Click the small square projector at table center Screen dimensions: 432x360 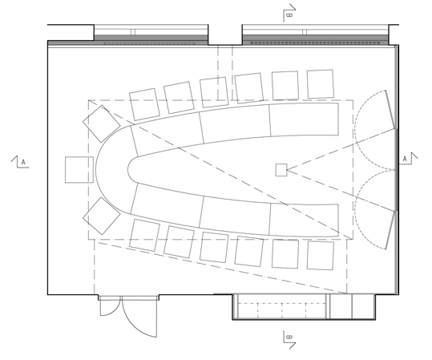click(281, 170)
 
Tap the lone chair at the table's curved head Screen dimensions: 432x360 click(79, 170)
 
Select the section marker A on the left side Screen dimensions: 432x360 click(20, 161)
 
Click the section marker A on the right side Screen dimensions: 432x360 click(408, 159)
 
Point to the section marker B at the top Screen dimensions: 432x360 click(289, 13)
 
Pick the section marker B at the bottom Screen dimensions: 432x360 click(289, 340)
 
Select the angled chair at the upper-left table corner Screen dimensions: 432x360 click(101, 123)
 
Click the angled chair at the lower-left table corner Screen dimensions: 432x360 click(101, 216)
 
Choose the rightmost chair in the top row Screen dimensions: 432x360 click(320, 84)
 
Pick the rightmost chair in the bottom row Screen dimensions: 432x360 click(320, 255)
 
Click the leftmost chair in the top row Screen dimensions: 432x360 click(144, 104)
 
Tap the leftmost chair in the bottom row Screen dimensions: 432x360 click(144, 235)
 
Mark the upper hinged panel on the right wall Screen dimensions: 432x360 click(390, 109)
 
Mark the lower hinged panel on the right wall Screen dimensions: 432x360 click(390, 230)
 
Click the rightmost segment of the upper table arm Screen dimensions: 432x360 click(304, 119)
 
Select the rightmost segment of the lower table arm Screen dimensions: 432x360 click(304, 220)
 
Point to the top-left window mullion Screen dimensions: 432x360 click(133, 32)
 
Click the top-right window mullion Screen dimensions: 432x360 click(305, 32)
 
